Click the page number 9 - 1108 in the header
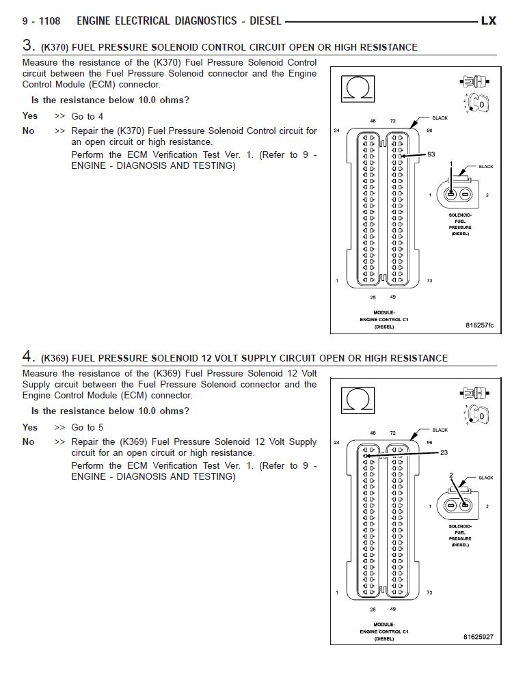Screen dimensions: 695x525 [x=41, y=21]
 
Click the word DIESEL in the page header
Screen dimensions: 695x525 [x=265, y=21]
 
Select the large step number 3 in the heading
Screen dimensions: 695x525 [x=28, y=46]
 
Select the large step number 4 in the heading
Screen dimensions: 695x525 [x=28, y=356]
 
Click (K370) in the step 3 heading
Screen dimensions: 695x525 [x=54, y=48]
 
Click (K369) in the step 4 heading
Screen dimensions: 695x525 [x=54, y=358]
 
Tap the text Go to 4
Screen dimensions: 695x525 [x=87, y=116]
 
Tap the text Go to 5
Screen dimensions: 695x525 [x=87, y=427]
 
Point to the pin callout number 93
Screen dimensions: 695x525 [x=431, y=154]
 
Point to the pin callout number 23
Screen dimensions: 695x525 [x=444, y=452]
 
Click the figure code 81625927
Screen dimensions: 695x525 [x=478, y=636]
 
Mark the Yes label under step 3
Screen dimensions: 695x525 [x=30, y=116]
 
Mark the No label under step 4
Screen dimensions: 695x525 [x=29, y=441]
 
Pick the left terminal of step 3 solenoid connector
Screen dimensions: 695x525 [x=450, y=195]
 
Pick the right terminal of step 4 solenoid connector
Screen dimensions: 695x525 [x=464, y=506]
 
